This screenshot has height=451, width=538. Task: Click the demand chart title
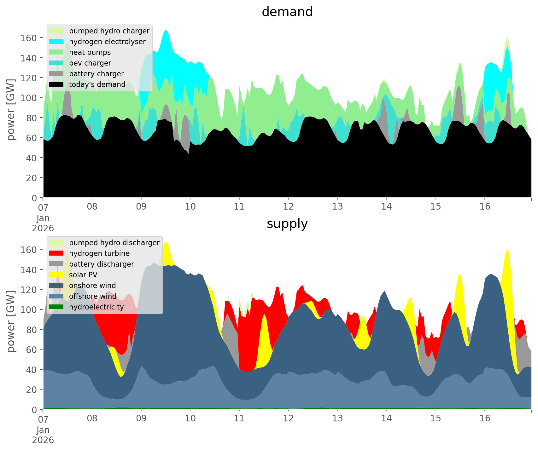[x=287, y=12]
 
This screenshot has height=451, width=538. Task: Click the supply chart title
[x=287, y=224]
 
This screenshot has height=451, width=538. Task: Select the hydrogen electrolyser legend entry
[x=107, y=42]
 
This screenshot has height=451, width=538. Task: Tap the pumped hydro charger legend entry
[x=109, y=31]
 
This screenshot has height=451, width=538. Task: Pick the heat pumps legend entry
[x=90, y=52]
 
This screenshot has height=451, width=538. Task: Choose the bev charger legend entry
[x=90, y=63]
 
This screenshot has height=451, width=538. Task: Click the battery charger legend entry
[x=96, y=74]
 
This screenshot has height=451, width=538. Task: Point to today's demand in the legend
[x=97, y=84]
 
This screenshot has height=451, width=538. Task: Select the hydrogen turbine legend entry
[x=99, y=253]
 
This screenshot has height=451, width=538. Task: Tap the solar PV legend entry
[x=83, y=275]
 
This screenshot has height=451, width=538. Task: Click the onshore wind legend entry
[x=92, y=286]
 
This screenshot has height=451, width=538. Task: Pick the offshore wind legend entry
[x=93, y=296]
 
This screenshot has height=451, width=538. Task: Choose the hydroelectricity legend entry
[x=96, y=307]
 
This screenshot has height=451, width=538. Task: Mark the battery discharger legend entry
[x=102, y=264]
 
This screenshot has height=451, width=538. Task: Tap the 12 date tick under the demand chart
[x=288, y=207]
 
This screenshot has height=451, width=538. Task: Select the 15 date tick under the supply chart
[x=436, y=419]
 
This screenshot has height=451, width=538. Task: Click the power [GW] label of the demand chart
[x=11, y=109]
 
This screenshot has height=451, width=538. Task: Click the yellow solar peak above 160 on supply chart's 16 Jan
[x=507, y=252]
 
